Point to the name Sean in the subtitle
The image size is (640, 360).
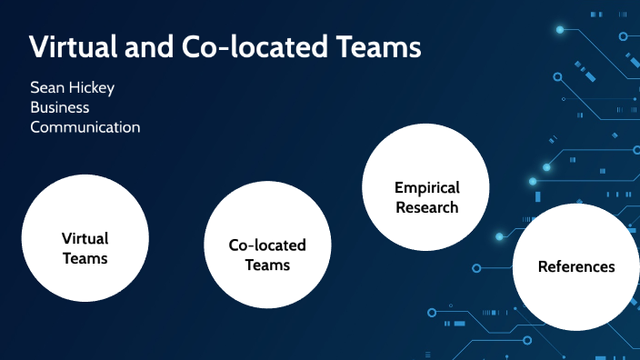pos(46,88)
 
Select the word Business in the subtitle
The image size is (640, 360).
pos(60,107)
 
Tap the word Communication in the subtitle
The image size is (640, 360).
pos(85,127)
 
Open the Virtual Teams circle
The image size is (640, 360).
pos(85,237)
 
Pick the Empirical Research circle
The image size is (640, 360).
pos(426,186)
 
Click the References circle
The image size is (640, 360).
pos(576,267)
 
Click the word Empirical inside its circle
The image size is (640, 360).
pos(427,188)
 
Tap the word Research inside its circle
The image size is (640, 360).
pos(427,207)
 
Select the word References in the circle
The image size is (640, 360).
pos(576,267)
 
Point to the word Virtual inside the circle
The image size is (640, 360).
pos(85,238)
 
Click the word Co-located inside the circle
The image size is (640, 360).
pos(267,245)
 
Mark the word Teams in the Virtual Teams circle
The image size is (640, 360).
pos(85,258)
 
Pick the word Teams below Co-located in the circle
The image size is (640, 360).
pos(267,265)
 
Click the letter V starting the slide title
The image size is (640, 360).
pos(38,47)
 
